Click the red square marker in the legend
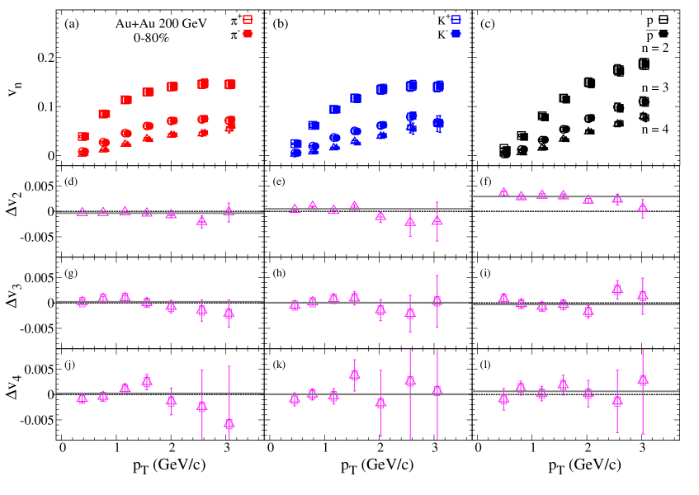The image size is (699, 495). pyautogui.click(x=248, y=19)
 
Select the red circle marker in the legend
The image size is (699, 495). pyautogui.click(x=248, y=34)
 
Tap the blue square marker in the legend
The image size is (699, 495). pyautogui.click(x=456, y=19)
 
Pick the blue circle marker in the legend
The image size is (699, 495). pyautogui.click(x=456, y=34)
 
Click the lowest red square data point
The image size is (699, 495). pyautogui.click(x=83, y=136)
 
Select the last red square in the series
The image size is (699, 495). pyautogui.click(x=230, y=84)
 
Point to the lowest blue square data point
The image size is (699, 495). pyautogui.click(x=296, y=144)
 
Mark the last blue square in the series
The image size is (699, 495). pyautogui.click(x=438, y=86)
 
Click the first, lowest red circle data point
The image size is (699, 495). pyautogui.click(x=83, y=152)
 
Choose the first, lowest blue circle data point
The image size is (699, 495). pyautogui.click(x=295, y=153)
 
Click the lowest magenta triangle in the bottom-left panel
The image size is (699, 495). pyautogui.click(x=229, y=424)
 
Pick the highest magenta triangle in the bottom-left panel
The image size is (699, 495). pyautogui.click(x=147, y=380)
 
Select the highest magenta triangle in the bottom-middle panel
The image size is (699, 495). pyautogui.click(x=355, y=374)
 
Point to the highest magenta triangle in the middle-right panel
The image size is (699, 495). pyautogui.click(x=617, y=289)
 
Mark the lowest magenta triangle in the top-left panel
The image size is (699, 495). pyautogui.click(x=202, y=220)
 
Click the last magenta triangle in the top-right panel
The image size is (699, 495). pyautogui.click(x=643, y=208)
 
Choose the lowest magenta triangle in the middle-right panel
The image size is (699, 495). pyautogui.click(x=588, y=311)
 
